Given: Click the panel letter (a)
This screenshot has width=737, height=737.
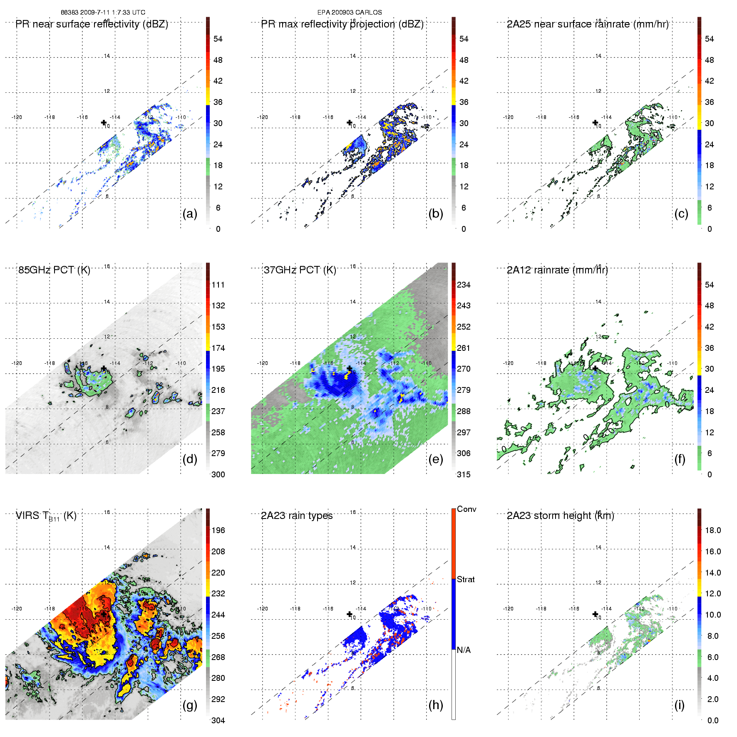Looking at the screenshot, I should click(x=190, y=214).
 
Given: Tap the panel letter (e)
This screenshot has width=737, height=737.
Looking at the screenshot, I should click(x=435, y=459).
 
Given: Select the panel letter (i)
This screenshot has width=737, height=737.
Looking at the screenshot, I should click(x=679, y=705).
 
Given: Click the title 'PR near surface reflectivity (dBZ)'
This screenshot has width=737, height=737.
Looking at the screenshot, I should click(x=92, y=24).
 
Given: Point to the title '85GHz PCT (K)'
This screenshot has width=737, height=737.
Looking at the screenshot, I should click(x=54, y=270).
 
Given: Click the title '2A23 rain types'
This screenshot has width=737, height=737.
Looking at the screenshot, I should click(x=297, y=516).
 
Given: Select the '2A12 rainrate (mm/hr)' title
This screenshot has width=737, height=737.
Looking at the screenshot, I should click(x=557, y=270).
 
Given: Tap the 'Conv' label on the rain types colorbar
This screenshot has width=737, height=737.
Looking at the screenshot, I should click(x=467, y=509).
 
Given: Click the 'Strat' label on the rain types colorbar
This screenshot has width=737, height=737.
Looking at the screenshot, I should click(x=466, y=579).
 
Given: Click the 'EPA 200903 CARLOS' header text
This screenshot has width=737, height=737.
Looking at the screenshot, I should click(x=350, y=12).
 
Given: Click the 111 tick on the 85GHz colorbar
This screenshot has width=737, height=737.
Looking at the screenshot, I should click(x=218, y=285).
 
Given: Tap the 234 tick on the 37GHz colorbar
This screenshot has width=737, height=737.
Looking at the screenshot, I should click(x=464, y=285).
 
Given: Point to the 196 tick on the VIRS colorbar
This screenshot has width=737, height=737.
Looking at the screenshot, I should click(x=218, y=530).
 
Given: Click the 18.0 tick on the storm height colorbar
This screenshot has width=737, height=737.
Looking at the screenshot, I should click(x=712, y=530).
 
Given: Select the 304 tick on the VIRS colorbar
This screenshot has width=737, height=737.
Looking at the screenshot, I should click(x=218, y=720).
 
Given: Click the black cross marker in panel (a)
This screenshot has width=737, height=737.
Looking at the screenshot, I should click(x=104, y=122).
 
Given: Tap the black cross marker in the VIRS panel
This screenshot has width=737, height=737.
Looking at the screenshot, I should click(x=104, y=614).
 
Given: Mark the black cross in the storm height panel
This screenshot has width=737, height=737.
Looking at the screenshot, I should click(x=595, y=614).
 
